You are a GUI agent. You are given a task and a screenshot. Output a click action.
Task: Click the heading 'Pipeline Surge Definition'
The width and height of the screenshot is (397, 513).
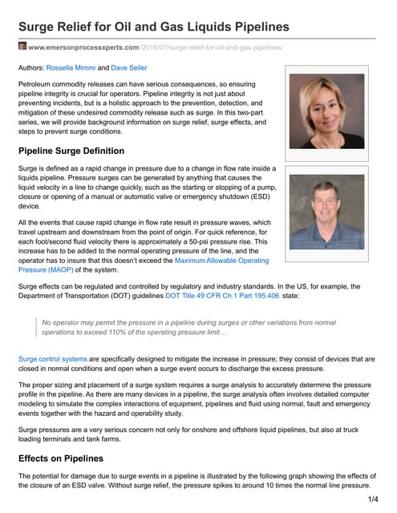[x=71, y=151]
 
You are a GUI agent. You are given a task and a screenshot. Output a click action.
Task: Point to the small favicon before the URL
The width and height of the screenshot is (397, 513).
[x=22, y=47]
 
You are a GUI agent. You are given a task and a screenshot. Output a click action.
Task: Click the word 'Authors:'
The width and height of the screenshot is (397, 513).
[x=34, y=68]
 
